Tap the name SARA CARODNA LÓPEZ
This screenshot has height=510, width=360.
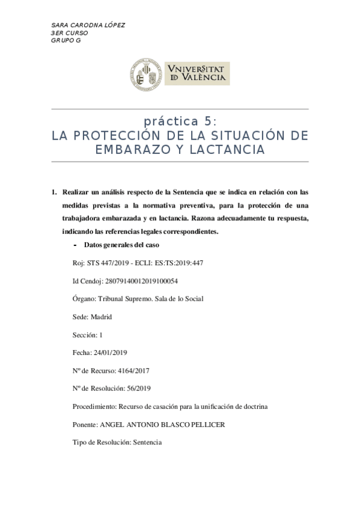(x=88, y=25)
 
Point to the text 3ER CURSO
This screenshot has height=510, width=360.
(x=70, y=32)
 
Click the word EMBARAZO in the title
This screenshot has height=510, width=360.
(x=124, y=149)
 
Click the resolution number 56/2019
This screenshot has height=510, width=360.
(x=134, y=389)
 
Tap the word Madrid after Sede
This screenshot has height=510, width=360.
(x=100, y=316)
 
